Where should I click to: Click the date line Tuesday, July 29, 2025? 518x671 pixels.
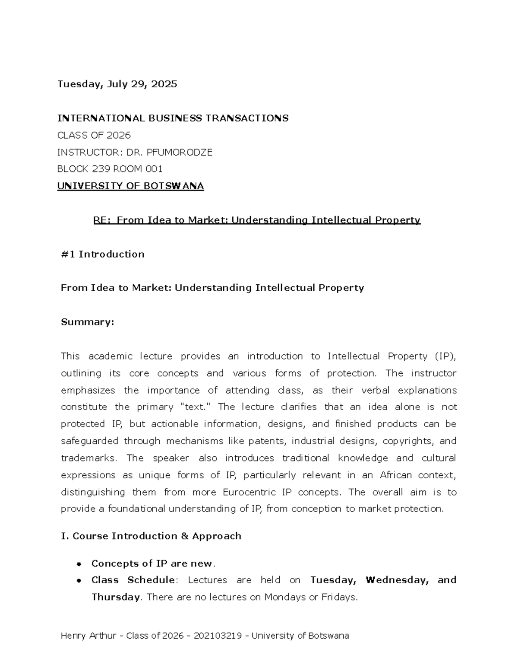tap(117, 84)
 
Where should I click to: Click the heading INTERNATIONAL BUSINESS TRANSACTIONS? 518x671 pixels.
tap(173, 118)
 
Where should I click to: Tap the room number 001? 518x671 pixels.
tap(154, 169)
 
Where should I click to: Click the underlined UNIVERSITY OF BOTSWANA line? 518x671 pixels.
tap(130, 186)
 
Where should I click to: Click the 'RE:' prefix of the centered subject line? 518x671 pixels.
tap(102, 220)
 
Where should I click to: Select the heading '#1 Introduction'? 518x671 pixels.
tap(103, 254)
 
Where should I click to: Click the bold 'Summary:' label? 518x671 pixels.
tap(87, 322)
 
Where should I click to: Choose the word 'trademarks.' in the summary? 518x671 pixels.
tap(88, 458)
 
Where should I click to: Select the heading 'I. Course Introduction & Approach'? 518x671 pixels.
tap(151, 536)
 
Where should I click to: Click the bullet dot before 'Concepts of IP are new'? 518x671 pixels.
tap(79, 564)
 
